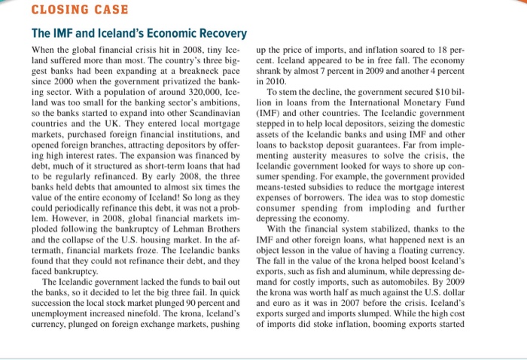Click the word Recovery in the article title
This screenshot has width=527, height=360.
pos(218,34)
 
